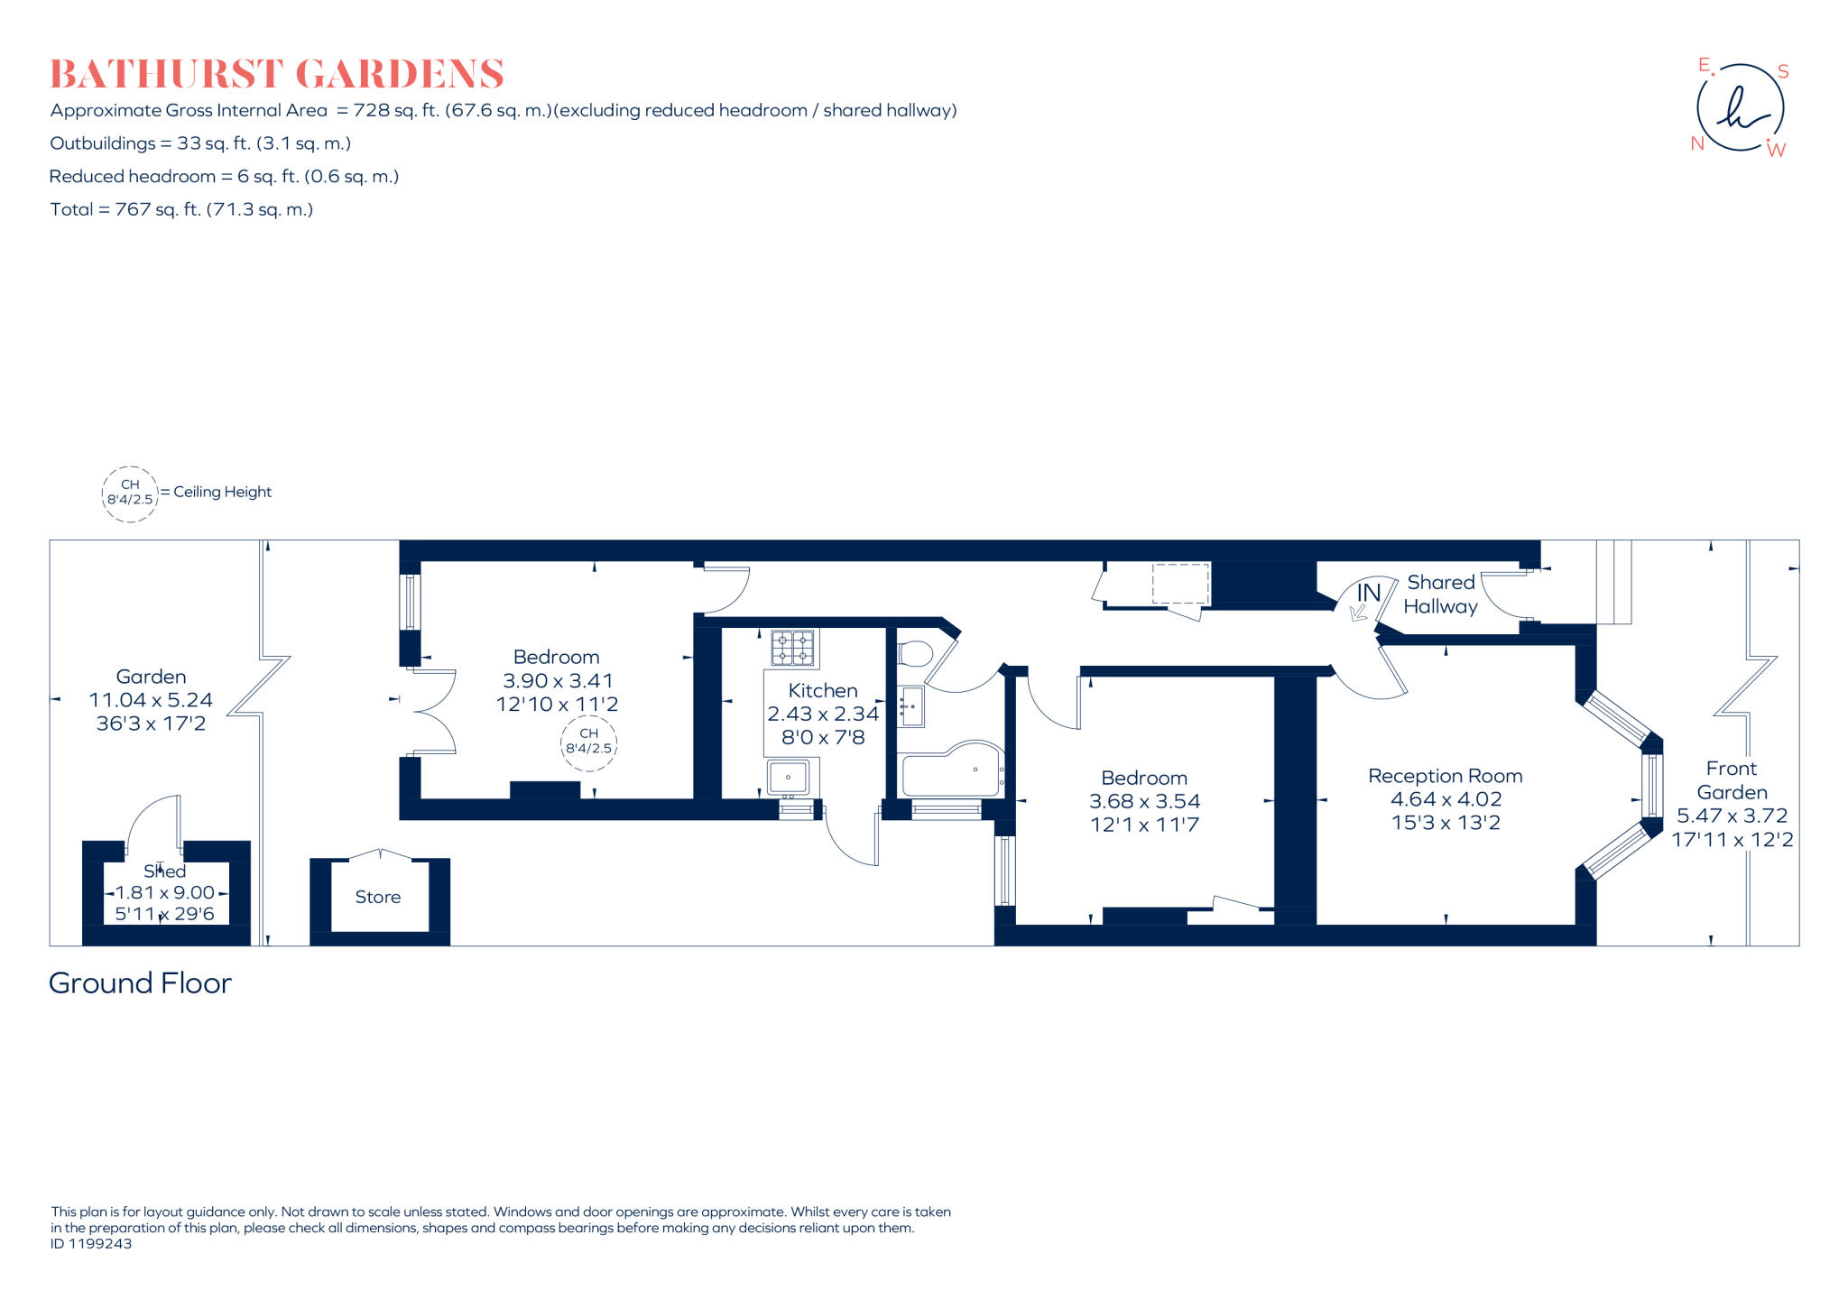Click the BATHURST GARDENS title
[x=276, y=74]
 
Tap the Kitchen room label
[x=822, y=690]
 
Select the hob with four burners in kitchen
[x=792, y=648]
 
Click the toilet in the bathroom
[x=914, y=653]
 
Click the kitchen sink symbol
[x=789, y=777]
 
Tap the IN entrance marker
[x=1368, y=593]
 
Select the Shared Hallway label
[x=1440, y=595]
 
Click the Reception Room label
[x=1445, y=776]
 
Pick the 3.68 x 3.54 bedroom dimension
[x=1144, y=801]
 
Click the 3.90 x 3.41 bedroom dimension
[x=558, y=680]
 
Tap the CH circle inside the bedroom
[x=588, y=742]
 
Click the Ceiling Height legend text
[x=222, y=492]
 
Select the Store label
[x=377, y=897]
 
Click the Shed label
[x=164, y=871]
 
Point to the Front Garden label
[x=1731, y=780]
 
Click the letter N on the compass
[x=1696, y=143]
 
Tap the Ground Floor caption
[x=140, y=982]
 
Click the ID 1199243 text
[x=91, y=1243]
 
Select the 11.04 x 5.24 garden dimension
[x=151, y=700]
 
